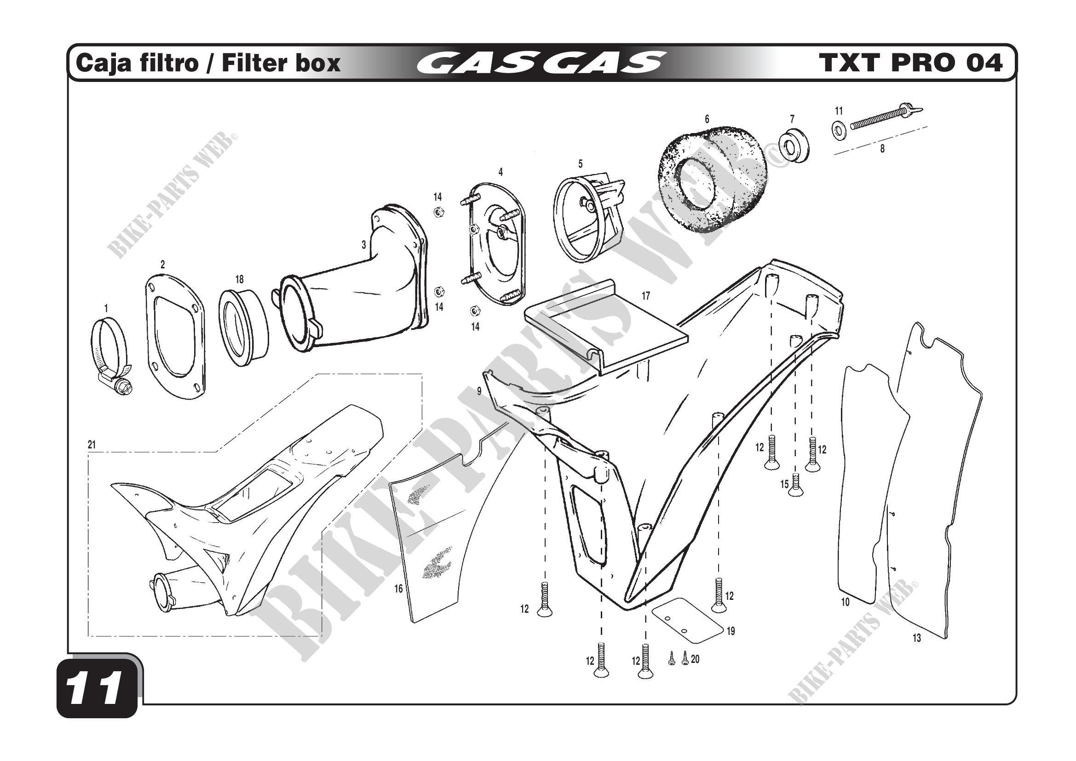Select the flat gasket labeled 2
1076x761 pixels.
click(174, 337)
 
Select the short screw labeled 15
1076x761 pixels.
click(796, 484)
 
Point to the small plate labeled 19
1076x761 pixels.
click(688, 620)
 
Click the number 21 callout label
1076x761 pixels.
click(92, 445)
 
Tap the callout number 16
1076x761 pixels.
click(398, 588)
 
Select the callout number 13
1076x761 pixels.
click(917, 638)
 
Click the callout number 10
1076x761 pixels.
click(845, 602)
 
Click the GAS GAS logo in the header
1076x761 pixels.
click(541, 63)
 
